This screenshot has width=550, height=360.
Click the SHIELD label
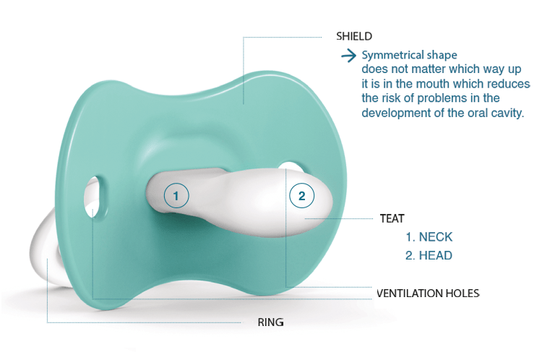[x=354, y=36]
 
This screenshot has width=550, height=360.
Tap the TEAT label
[x=392, y=218]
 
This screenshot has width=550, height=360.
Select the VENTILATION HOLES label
[x=428, y=293]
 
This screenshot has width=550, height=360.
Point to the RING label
[x=270, y=322]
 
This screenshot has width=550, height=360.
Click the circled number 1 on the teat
[x=176, y=195]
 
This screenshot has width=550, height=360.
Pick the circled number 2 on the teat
[x=301, y=195]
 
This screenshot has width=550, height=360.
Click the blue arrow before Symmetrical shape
[x=348, y=56]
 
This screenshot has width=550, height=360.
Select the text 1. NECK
[x=429, y=237]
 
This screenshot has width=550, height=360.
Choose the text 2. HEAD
[x=429, y=255]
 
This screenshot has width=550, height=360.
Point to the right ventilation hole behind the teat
[x=292, y=166]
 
